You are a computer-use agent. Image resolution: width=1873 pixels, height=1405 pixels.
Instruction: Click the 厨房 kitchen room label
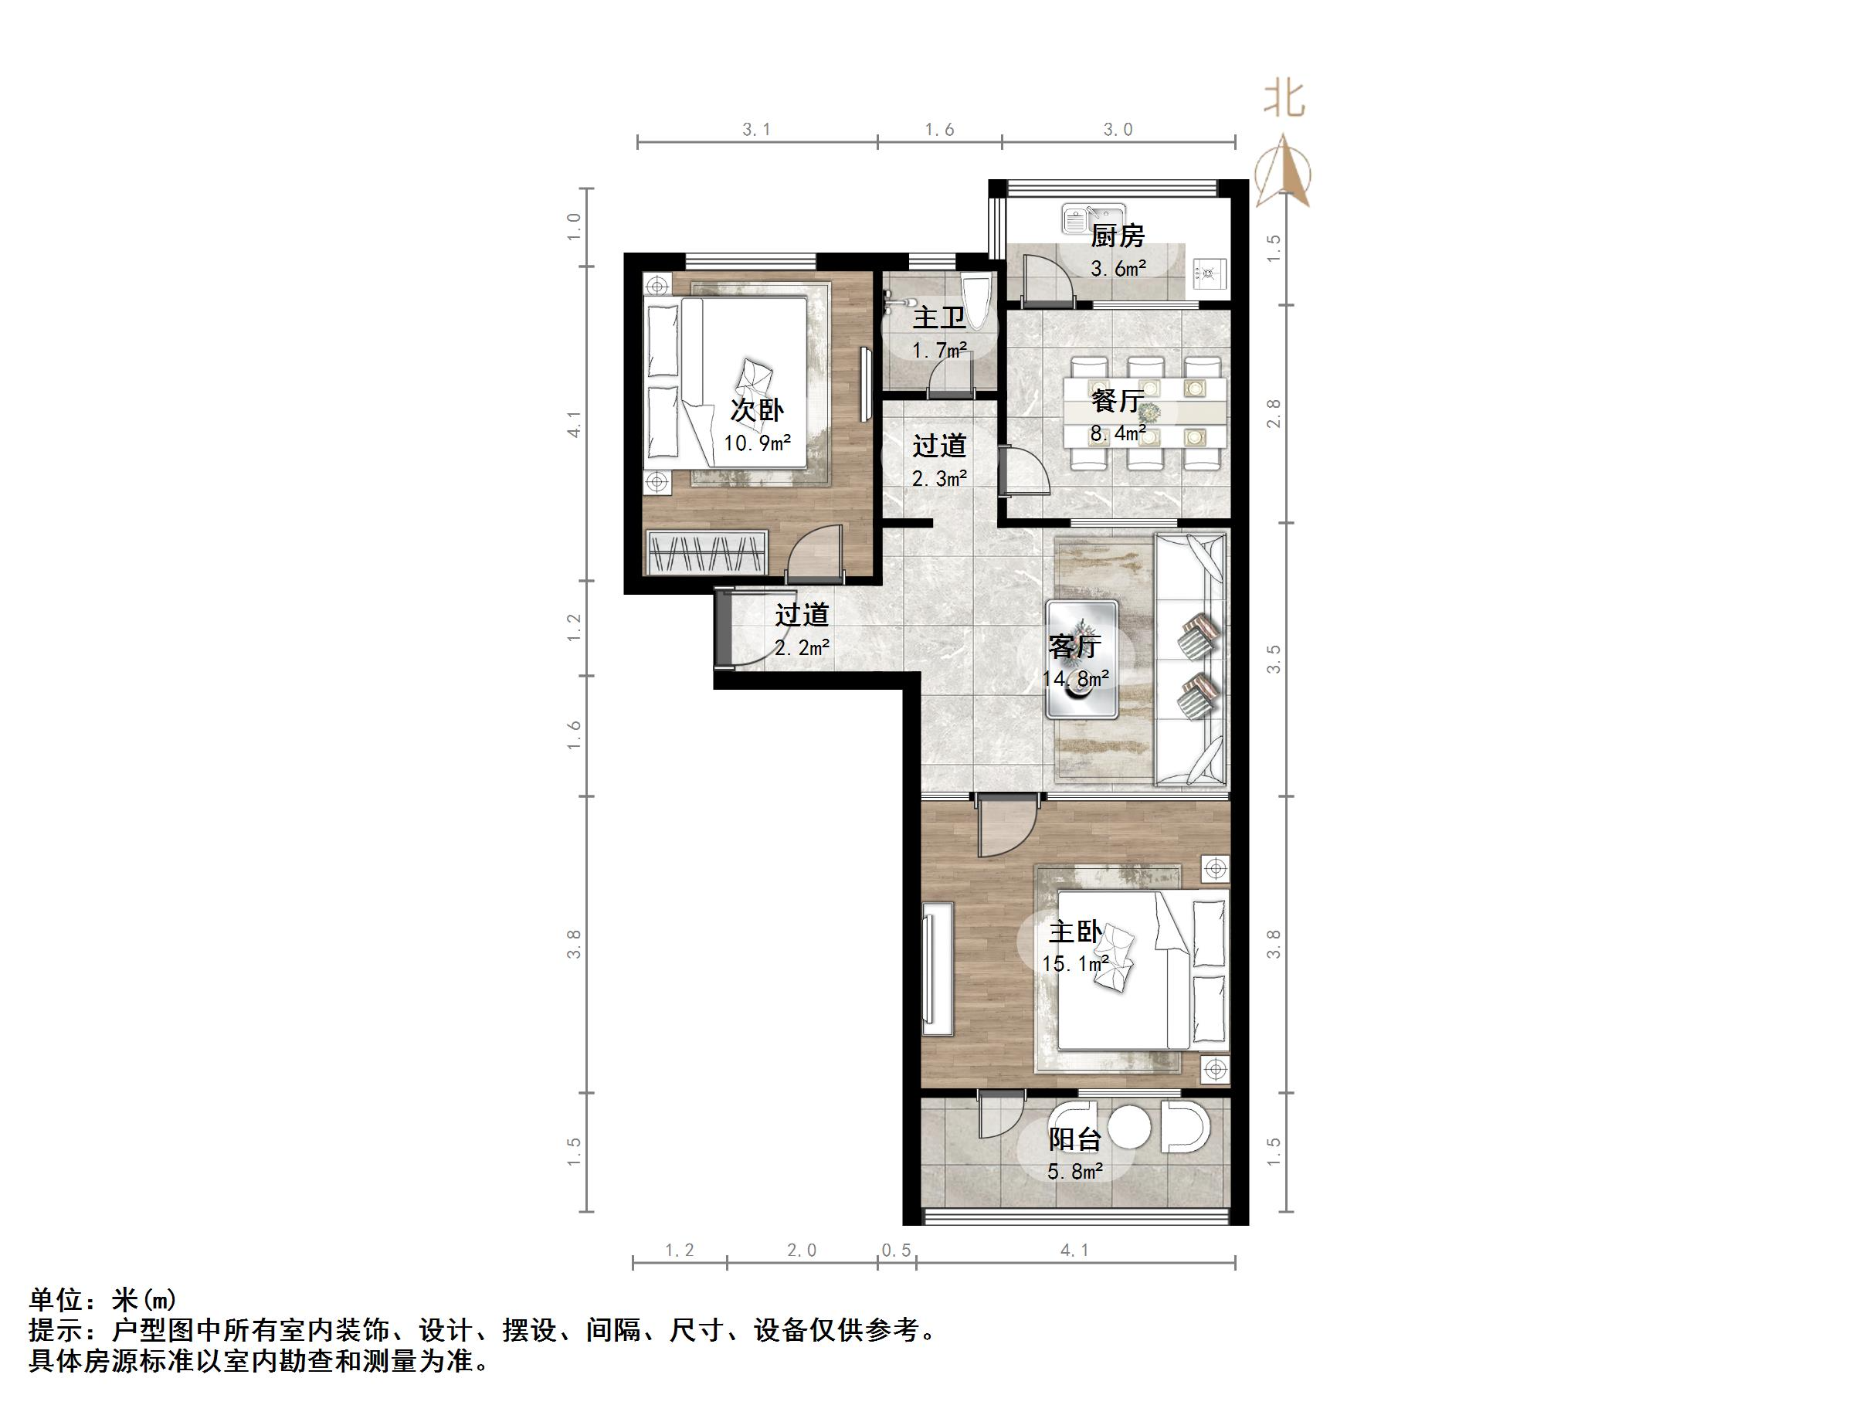(x=1117, y=236)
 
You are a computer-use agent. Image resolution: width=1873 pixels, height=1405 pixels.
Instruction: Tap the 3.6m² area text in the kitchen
(x=1118, y=270)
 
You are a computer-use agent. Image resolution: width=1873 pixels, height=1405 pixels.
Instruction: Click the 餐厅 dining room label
(x=1118, y=400)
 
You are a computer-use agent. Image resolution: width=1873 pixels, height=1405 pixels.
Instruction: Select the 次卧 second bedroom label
(x=757, y=411)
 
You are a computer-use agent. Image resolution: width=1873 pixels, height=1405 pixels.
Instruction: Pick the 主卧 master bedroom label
(x=1074, y=932)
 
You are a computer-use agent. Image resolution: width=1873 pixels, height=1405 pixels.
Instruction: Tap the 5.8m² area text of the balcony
(x=1074, y=1172)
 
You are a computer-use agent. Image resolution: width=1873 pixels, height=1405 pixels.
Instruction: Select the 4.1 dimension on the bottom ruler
(x=1074, y=1250)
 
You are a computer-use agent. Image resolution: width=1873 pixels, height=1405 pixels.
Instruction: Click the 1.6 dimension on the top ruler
(x=939, y=130)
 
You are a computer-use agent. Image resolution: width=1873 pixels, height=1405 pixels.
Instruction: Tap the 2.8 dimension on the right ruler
(x=1274, y=413)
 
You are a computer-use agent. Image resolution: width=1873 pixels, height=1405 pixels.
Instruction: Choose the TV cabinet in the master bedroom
(x=938, y=969)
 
